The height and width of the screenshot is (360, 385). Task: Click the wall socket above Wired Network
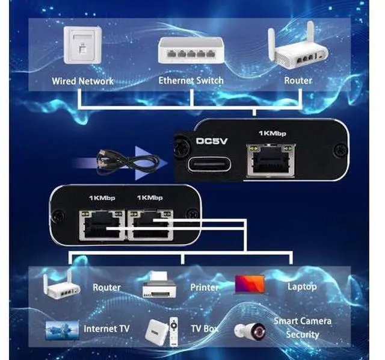82,48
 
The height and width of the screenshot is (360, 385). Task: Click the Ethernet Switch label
191,80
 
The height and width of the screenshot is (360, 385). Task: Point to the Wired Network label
82,80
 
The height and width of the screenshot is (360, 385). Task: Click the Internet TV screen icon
62,329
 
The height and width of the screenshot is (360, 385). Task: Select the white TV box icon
157,330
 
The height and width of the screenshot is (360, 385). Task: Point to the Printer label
205,287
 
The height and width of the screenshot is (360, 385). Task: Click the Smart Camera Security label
302,327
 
